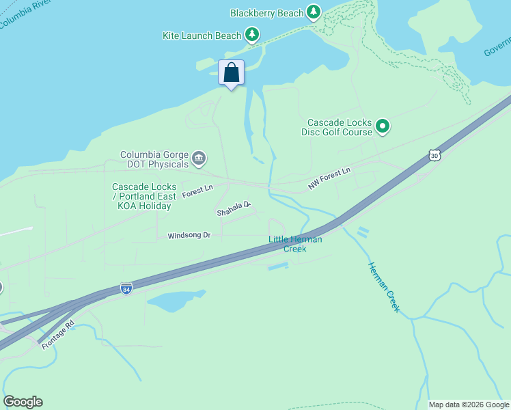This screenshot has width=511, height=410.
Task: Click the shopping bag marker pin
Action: tap(232, 73)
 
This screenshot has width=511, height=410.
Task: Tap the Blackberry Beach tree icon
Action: tap(314, 12)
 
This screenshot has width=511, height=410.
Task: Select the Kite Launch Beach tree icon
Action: tap(252, 33)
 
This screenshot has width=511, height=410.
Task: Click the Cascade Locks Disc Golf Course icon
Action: tap(383, 126)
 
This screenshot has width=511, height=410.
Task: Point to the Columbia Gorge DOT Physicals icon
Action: tap(199, 159)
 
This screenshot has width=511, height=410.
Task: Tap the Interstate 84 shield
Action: tap(126, 288)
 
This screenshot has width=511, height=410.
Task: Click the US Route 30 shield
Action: tap(434, 156)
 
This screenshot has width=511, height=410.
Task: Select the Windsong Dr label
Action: tap(189, 236)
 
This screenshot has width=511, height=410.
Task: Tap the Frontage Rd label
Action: tap(57, 334)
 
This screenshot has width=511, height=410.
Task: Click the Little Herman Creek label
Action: tap(295, 244)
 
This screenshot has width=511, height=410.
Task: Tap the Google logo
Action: tap(23, 402)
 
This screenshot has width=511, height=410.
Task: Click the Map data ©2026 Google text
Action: tap(469, 405)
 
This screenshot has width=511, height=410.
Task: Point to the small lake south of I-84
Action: tap(174, 300)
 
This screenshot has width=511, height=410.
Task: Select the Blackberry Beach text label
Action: tap(266, 13)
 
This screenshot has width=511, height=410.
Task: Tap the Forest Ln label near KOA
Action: tap(197, 191)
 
